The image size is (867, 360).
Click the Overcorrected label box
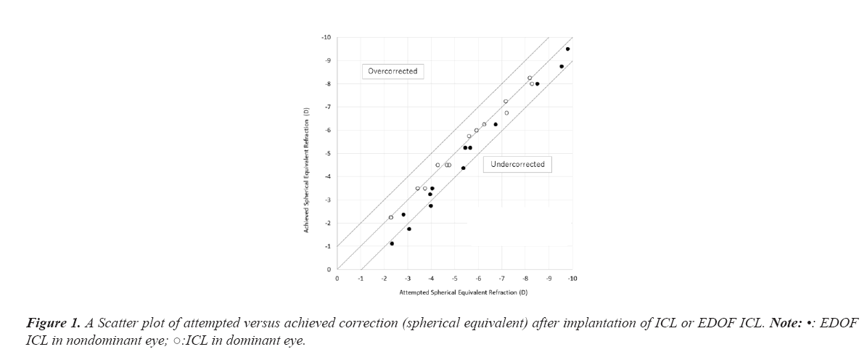[x=393, y=71]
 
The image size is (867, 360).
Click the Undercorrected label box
[x=517, y=165]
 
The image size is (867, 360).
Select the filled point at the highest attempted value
[x=567, y=49]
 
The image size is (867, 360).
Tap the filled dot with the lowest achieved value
[x=392, y=244]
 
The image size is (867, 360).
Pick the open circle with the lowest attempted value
[x=391, y=217]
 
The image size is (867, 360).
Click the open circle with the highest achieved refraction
[x=530, y=78]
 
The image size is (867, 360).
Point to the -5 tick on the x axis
[x=454, y=279]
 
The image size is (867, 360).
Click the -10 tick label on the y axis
[x=326, y=37]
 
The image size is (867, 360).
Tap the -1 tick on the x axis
[x=361, y=279]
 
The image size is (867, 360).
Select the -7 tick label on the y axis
[x=327, y=107]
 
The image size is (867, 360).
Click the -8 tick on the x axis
[x=525, y=279]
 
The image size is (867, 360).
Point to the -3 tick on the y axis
[x=327, y=200]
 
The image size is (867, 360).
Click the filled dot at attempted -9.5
[x=562, y=67]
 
